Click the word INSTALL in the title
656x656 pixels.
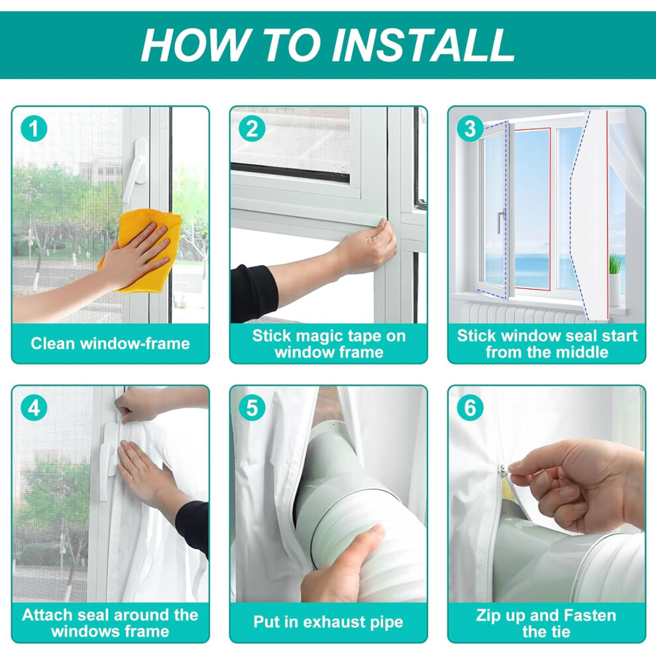(423, 45)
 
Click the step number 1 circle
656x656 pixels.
(34, 129)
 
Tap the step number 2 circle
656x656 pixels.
(252, 129)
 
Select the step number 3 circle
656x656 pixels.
(470, 129)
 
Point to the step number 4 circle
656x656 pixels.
(34, 408)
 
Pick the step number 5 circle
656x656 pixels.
(252, 408)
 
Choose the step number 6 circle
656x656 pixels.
(470, 408)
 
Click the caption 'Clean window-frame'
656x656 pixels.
(110, 343)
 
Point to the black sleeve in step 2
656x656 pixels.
(254, 293)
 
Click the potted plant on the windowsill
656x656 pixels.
(614, 278)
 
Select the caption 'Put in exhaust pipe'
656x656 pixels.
(329, 622)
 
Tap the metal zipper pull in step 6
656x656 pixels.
(504, 470)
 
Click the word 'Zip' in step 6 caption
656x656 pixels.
(488, 616)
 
